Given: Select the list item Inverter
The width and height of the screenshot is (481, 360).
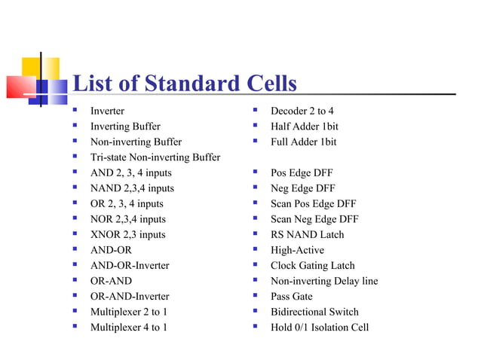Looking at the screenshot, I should [x=107, y=111].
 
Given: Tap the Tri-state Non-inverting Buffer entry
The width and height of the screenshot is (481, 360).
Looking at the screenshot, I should [x=155, y=157].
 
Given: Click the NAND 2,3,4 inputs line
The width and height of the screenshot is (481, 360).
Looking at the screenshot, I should [x=132, y=188].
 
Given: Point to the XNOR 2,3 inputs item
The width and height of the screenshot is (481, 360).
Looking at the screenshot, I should [x=127, y=235].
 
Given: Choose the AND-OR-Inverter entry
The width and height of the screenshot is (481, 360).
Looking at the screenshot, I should [x=130, y=266].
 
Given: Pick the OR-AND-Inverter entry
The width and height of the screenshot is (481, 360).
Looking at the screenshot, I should [x=130, y=297].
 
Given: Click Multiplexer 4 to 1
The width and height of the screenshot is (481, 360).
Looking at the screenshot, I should [x=129, y=328].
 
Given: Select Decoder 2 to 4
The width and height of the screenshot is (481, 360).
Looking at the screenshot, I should [x=302, y=111].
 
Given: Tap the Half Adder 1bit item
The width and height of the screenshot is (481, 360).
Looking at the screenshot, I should [x=305, y=127].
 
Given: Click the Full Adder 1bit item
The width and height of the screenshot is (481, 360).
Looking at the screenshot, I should [x=304, y=142].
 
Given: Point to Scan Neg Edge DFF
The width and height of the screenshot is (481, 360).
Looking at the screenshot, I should [x=314, y=219].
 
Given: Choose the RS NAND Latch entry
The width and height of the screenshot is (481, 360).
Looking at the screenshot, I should [x=307, y=235].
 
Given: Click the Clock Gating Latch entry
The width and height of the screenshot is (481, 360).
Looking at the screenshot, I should [x=312, y=266].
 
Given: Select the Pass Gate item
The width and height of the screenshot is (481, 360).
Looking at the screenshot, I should [x=291, y=297].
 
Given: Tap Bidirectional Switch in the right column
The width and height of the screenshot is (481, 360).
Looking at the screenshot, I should [x=314, y=312].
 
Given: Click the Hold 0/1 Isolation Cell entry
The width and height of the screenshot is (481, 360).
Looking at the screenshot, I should [x=320, y=328].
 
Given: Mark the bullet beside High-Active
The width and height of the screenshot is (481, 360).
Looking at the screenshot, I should [x=256, y=250].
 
